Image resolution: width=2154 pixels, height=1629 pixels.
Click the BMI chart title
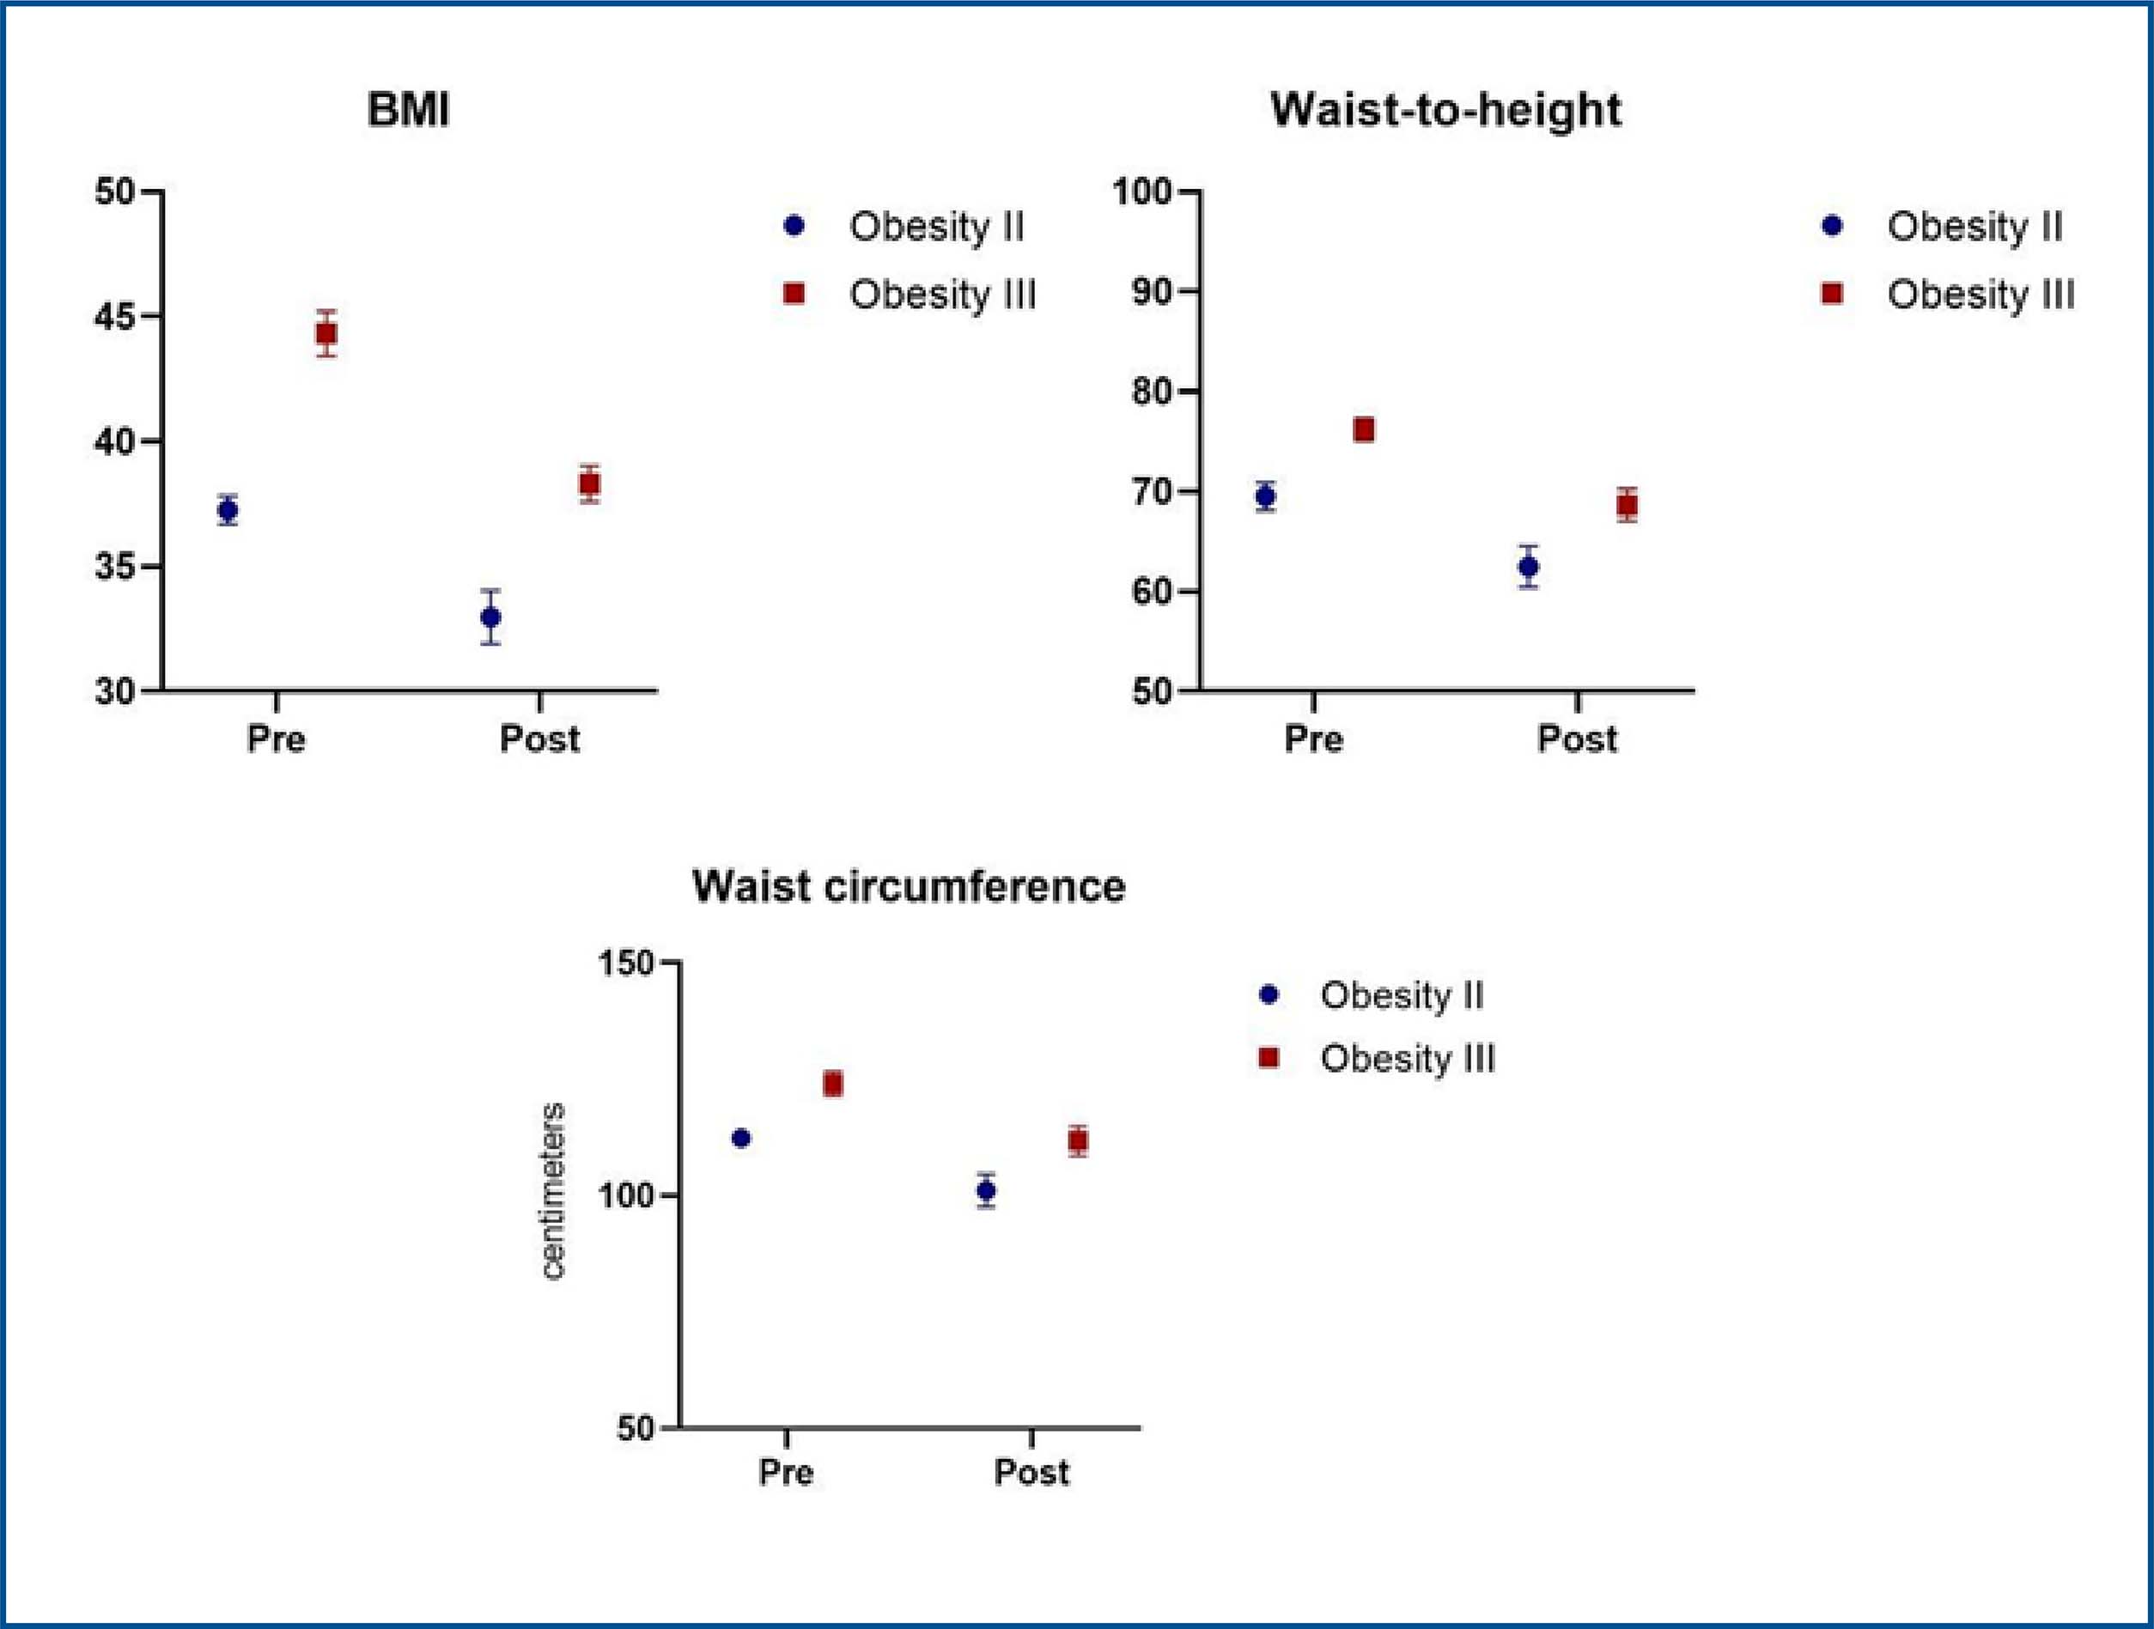point(408,109)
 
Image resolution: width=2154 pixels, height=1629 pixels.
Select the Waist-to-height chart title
point(1446,109)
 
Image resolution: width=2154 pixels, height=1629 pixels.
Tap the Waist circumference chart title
point(909,886)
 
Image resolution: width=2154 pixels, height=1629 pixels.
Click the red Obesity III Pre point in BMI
point(327,333)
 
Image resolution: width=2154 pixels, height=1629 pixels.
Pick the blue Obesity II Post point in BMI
point(490,617)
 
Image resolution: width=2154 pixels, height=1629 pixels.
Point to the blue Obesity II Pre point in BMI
point(228,509)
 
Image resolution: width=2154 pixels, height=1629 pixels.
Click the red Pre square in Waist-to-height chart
point(1363,429)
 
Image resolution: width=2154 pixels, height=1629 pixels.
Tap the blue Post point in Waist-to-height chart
point(1529,567)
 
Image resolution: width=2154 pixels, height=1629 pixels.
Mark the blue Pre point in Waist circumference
point(741,1137)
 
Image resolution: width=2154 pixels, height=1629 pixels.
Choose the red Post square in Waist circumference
point(1078,1140)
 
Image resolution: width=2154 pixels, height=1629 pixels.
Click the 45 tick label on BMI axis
point(115,318)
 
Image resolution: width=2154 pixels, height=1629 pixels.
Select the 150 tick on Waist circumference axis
point(626,963)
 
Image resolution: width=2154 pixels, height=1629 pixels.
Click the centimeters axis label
point(553,1191)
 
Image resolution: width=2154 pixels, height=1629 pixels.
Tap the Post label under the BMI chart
point(539,739)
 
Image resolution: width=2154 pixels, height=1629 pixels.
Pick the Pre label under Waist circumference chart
point(786,1471)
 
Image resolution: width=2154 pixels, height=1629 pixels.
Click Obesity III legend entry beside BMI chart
point(941,294)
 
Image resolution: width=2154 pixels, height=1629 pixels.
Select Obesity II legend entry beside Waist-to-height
point(1974,227)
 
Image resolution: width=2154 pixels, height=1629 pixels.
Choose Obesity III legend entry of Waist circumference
point(1406,1059)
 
